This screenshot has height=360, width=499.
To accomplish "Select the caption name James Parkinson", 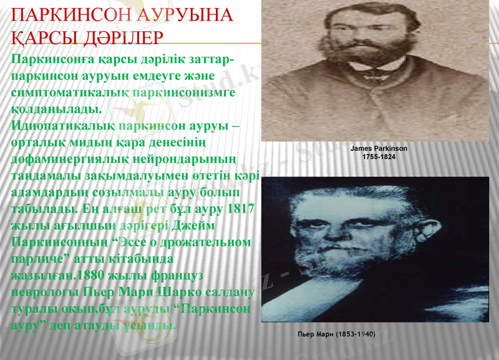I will [x=379, y=149].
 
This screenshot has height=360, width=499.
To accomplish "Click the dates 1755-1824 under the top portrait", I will [x=379, y=157].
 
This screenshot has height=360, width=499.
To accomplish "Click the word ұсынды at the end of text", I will [x=150, y=326].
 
